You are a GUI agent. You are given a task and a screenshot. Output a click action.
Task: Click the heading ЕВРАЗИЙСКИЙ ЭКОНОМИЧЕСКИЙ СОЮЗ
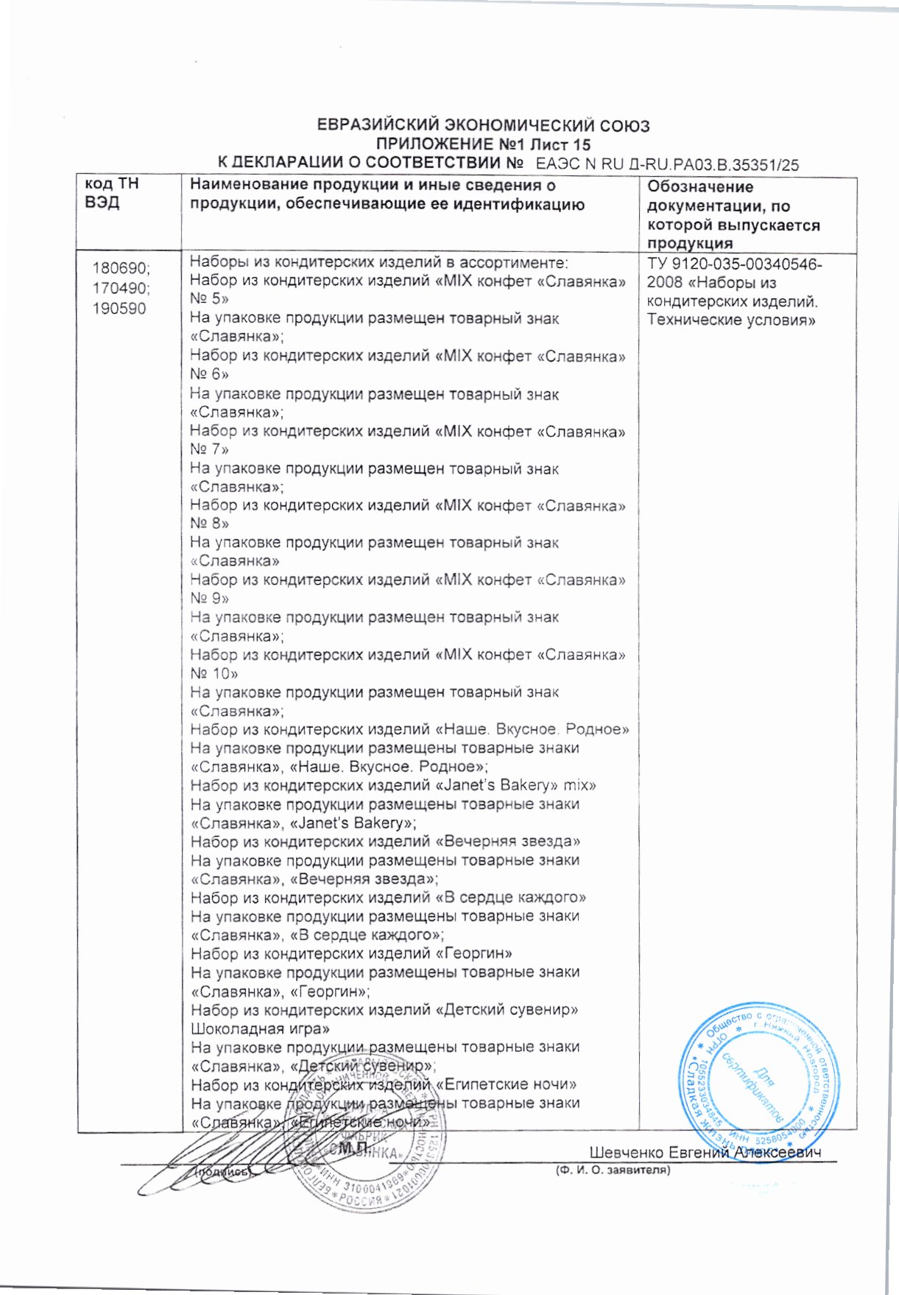pos(483,125)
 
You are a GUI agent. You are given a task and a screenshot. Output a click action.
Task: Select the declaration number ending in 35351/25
pos(666,165)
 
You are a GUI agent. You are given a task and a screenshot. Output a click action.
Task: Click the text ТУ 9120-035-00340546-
pos(735,264)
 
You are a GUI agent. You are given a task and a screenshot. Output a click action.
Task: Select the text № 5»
pos(209,299)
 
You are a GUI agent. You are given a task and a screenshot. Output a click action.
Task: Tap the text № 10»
pos(214,673)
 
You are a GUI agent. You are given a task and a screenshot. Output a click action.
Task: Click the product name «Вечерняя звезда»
pos(508,841)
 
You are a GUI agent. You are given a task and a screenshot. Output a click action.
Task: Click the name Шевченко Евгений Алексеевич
pos(705,1152)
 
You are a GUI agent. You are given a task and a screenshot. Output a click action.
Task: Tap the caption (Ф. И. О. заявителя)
pos(612,1170)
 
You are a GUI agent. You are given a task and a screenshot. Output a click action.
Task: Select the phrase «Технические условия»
pos(731,320)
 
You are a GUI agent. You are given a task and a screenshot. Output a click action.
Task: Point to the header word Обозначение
pos(700,187)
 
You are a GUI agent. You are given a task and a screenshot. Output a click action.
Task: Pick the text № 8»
pos(209,524)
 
